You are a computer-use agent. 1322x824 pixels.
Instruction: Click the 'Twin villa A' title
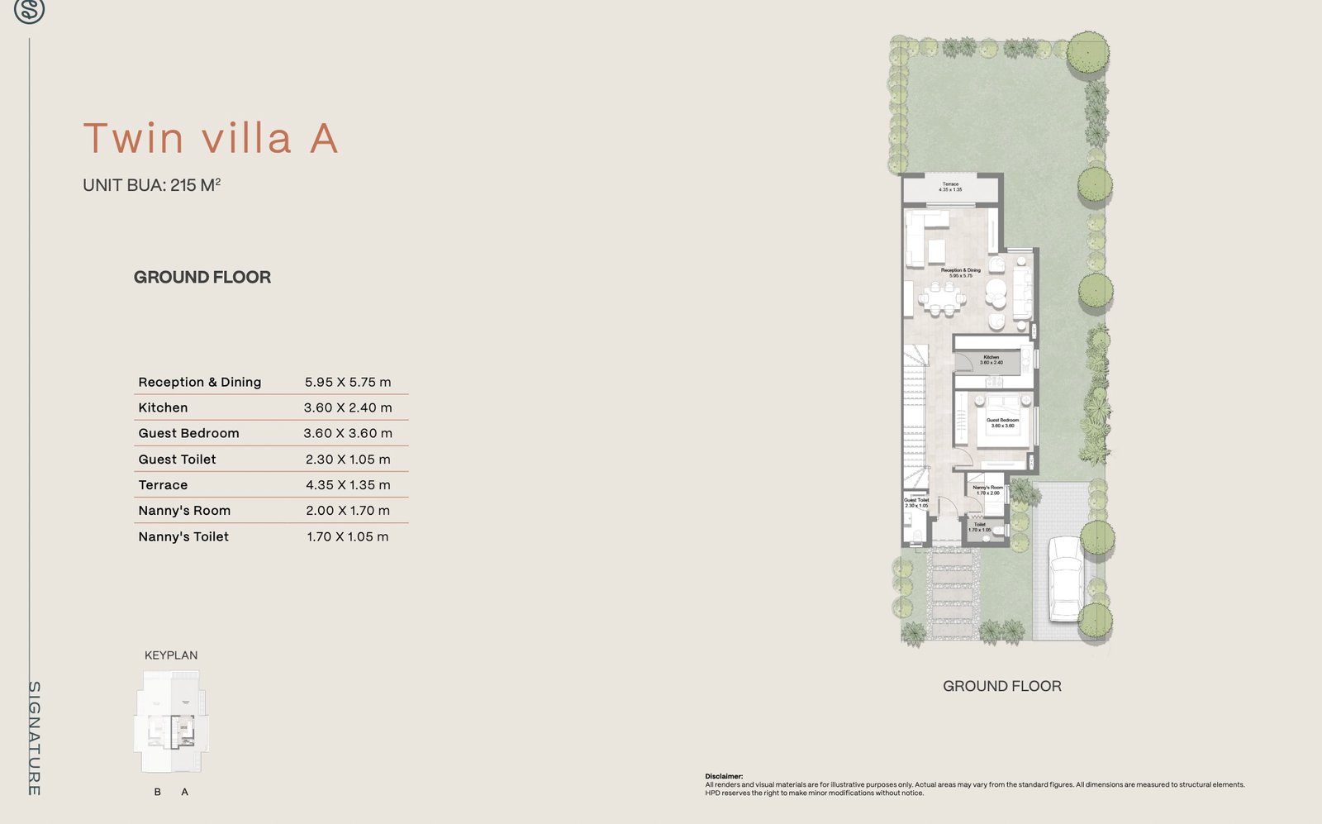click(x=211, y=138)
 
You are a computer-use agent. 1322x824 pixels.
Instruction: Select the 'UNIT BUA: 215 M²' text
click(x=151, y=185)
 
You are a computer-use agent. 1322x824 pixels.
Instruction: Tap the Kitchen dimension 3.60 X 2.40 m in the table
click(x=347, y=407)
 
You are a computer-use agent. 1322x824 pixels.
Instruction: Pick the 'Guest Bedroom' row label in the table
click(x=188, y=433)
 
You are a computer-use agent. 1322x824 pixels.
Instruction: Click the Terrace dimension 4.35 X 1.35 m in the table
click(x=347, y=485)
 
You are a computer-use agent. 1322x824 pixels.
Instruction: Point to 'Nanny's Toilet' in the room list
click(x=183, y=536)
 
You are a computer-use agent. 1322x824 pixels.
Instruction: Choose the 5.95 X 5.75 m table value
click(x=347, y=382)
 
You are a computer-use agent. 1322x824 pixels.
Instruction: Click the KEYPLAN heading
click(x=171, y=655)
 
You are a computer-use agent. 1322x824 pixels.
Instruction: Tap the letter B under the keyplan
click(x=158, y=792)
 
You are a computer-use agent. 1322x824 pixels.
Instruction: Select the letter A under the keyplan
click(x=184, y=792)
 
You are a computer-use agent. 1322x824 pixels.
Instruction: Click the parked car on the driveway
click(x=1064, y=579)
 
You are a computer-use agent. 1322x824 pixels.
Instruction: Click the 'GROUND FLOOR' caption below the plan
click(x=1001, y=686)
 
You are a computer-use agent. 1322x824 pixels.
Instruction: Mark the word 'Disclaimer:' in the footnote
click(x=724, y=777)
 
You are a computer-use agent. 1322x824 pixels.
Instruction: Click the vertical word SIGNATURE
click(x=35, y=738)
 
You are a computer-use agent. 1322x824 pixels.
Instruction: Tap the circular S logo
click(x=29, y=11)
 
